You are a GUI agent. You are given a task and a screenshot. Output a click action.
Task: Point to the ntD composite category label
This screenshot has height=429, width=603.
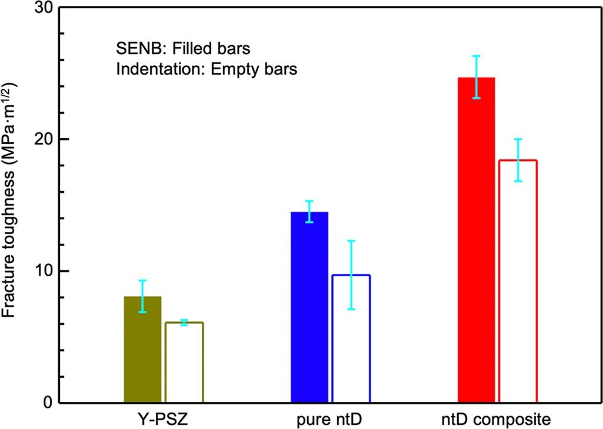(x=498, y=420)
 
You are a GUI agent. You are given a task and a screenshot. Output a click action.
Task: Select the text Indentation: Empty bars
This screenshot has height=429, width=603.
(x=206, y=69)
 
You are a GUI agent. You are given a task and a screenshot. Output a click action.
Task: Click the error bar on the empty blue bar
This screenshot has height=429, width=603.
(x=351, y=274)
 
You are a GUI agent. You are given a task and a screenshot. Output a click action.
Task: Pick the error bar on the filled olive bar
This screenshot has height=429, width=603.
(x=142, y=296)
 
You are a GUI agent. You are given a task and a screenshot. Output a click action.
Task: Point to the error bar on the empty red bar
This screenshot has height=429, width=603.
(x=518, y=160)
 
